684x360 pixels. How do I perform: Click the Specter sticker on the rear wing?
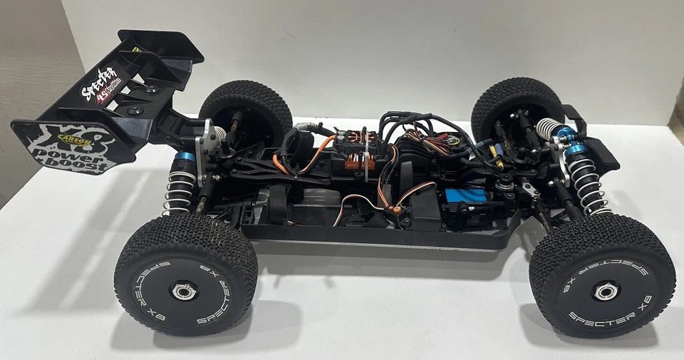click(x=100, y=84)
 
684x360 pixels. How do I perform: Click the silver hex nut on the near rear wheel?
click(x=184, y=290)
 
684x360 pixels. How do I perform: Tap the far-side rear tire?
click(x=246, y=110)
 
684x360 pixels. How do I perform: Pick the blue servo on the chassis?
click(x=463, y=200)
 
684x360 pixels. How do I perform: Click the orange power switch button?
click(x=391, y=210)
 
